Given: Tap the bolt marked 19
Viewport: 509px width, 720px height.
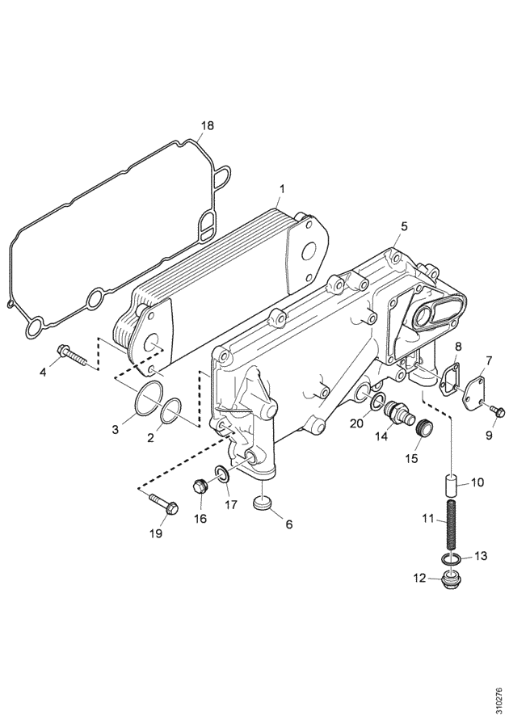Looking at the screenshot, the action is pyautogui.click(x=164, y=503).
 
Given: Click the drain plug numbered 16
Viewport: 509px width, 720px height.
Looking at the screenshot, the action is pyautogui.click(x=200, y=486).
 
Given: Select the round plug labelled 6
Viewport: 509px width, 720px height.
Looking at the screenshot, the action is pyautogui.click(x=263, y=503).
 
